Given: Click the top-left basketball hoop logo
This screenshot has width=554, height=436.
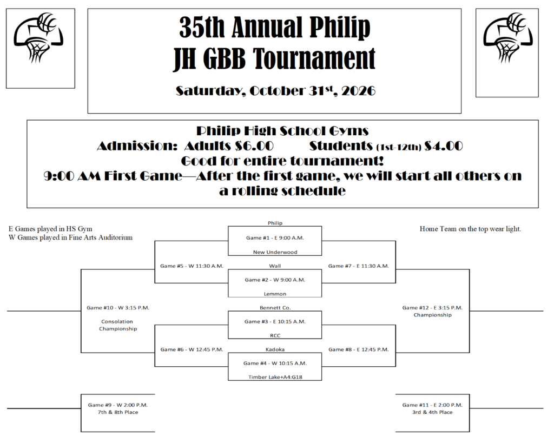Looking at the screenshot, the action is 38,38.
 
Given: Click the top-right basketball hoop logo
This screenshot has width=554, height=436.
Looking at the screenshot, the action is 507,38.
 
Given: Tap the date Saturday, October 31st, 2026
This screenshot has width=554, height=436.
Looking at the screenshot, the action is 275,91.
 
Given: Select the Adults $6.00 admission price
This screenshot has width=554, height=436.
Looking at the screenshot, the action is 229,146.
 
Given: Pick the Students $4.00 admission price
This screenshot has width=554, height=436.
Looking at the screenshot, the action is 386,146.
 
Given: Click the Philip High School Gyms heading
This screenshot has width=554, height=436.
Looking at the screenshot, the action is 282,131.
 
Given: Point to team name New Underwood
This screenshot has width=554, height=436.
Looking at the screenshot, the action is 275,252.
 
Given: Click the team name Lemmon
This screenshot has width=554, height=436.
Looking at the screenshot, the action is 275,294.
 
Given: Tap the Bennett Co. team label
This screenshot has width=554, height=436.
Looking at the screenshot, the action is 275,308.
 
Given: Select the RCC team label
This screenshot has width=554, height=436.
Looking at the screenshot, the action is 275,335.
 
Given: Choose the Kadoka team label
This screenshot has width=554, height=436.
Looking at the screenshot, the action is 275,349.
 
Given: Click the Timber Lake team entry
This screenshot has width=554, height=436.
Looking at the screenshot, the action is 275,377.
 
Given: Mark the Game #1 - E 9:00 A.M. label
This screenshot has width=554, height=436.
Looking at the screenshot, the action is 275,238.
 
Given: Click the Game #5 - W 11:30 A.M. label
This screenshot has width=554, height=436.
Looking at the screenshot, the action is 192,266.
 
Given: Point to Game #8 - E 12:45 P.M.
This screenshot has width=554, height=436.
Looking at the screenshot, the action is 358,349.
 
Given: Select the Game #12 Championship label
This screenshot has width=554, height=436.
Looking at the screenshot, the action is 432,311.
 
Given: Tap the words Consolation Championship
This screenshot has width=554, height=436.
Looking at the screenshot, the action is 117,325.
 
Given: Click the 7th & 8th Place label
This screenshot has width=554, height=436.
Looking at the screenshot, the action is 117,412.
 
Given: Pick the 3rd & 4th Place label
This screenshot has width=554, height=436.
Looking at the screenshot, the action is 432,412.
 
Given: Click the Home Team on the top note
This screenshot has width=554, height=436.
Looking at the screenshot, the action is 470,229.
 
